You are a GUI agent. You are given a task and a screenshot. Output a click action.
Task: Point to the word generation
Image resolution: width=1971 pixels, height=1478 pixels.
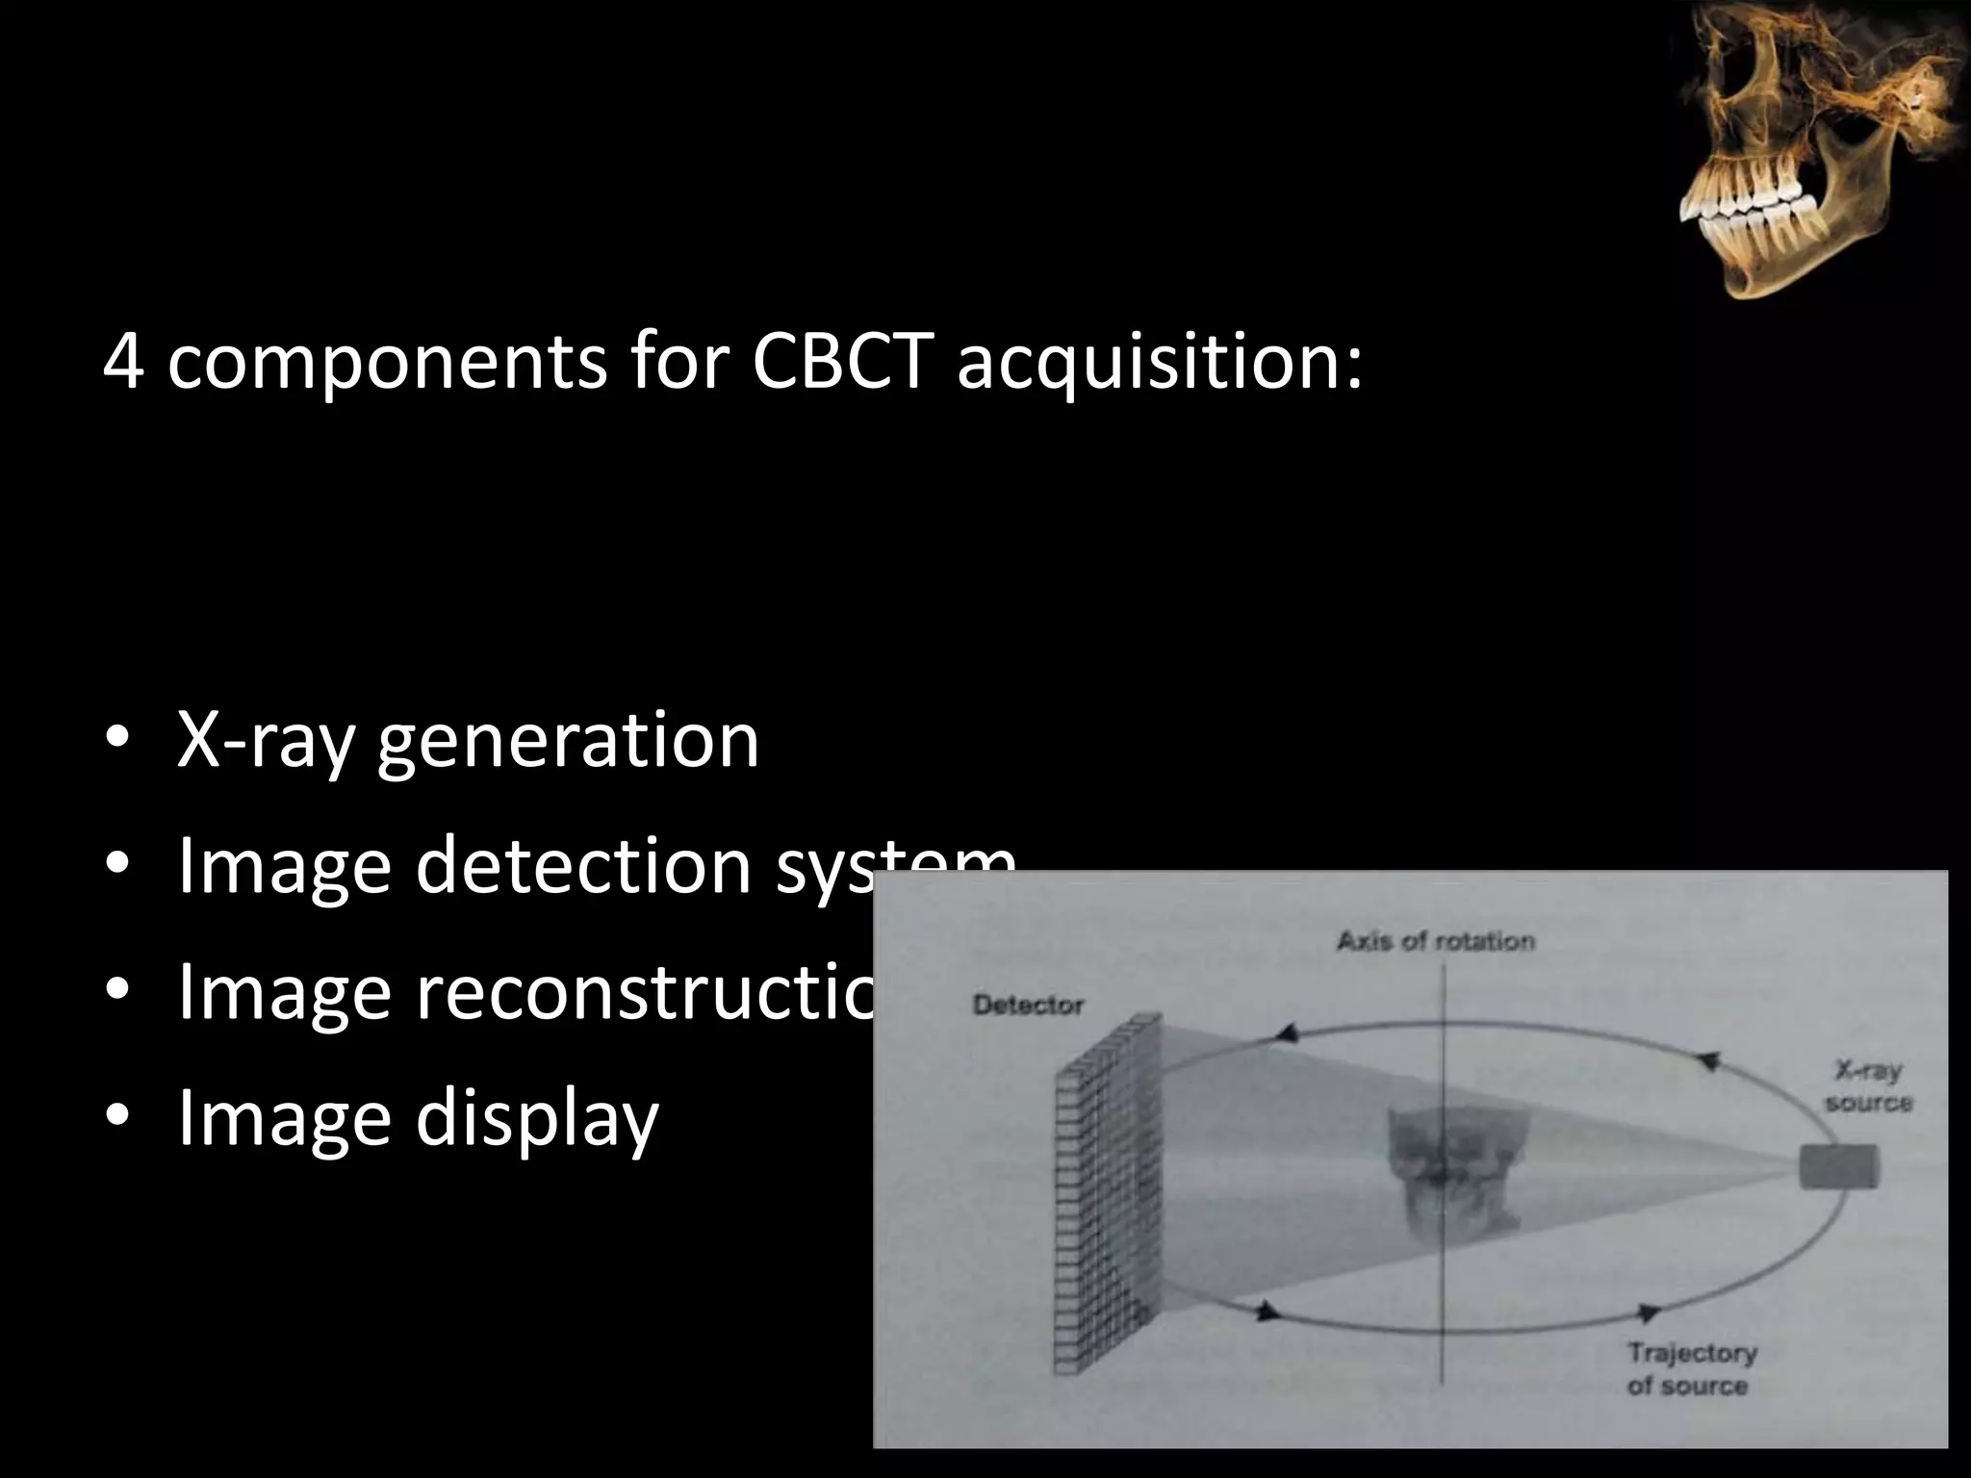click(568, 743)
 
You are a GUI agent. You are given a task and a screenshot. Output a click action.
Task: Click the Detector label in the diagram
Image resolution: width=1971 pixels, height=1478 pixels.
click(1028, 1006)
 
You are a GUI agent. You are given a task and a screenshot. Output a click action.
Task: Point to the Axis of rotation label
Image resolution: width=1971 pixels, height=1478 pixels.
click(1435, 941)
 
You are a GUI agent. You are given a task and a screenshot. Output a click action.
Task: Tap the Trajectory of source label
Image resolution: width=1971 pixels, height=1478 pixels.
click(1691, 1369)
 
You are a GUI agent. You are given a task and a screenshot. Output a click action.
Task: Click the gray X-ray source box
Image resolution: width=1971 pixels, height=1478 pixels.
click(1838, 1167)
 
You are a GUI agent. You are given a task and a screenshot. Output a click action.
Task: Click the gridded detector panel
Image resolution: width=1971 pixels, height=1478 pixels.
click(1107, 1193)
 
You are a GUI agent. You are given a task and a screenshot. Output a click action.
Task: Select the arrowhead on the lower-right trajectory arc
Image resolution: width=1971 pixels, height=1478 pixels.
click(1648, 1312)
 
